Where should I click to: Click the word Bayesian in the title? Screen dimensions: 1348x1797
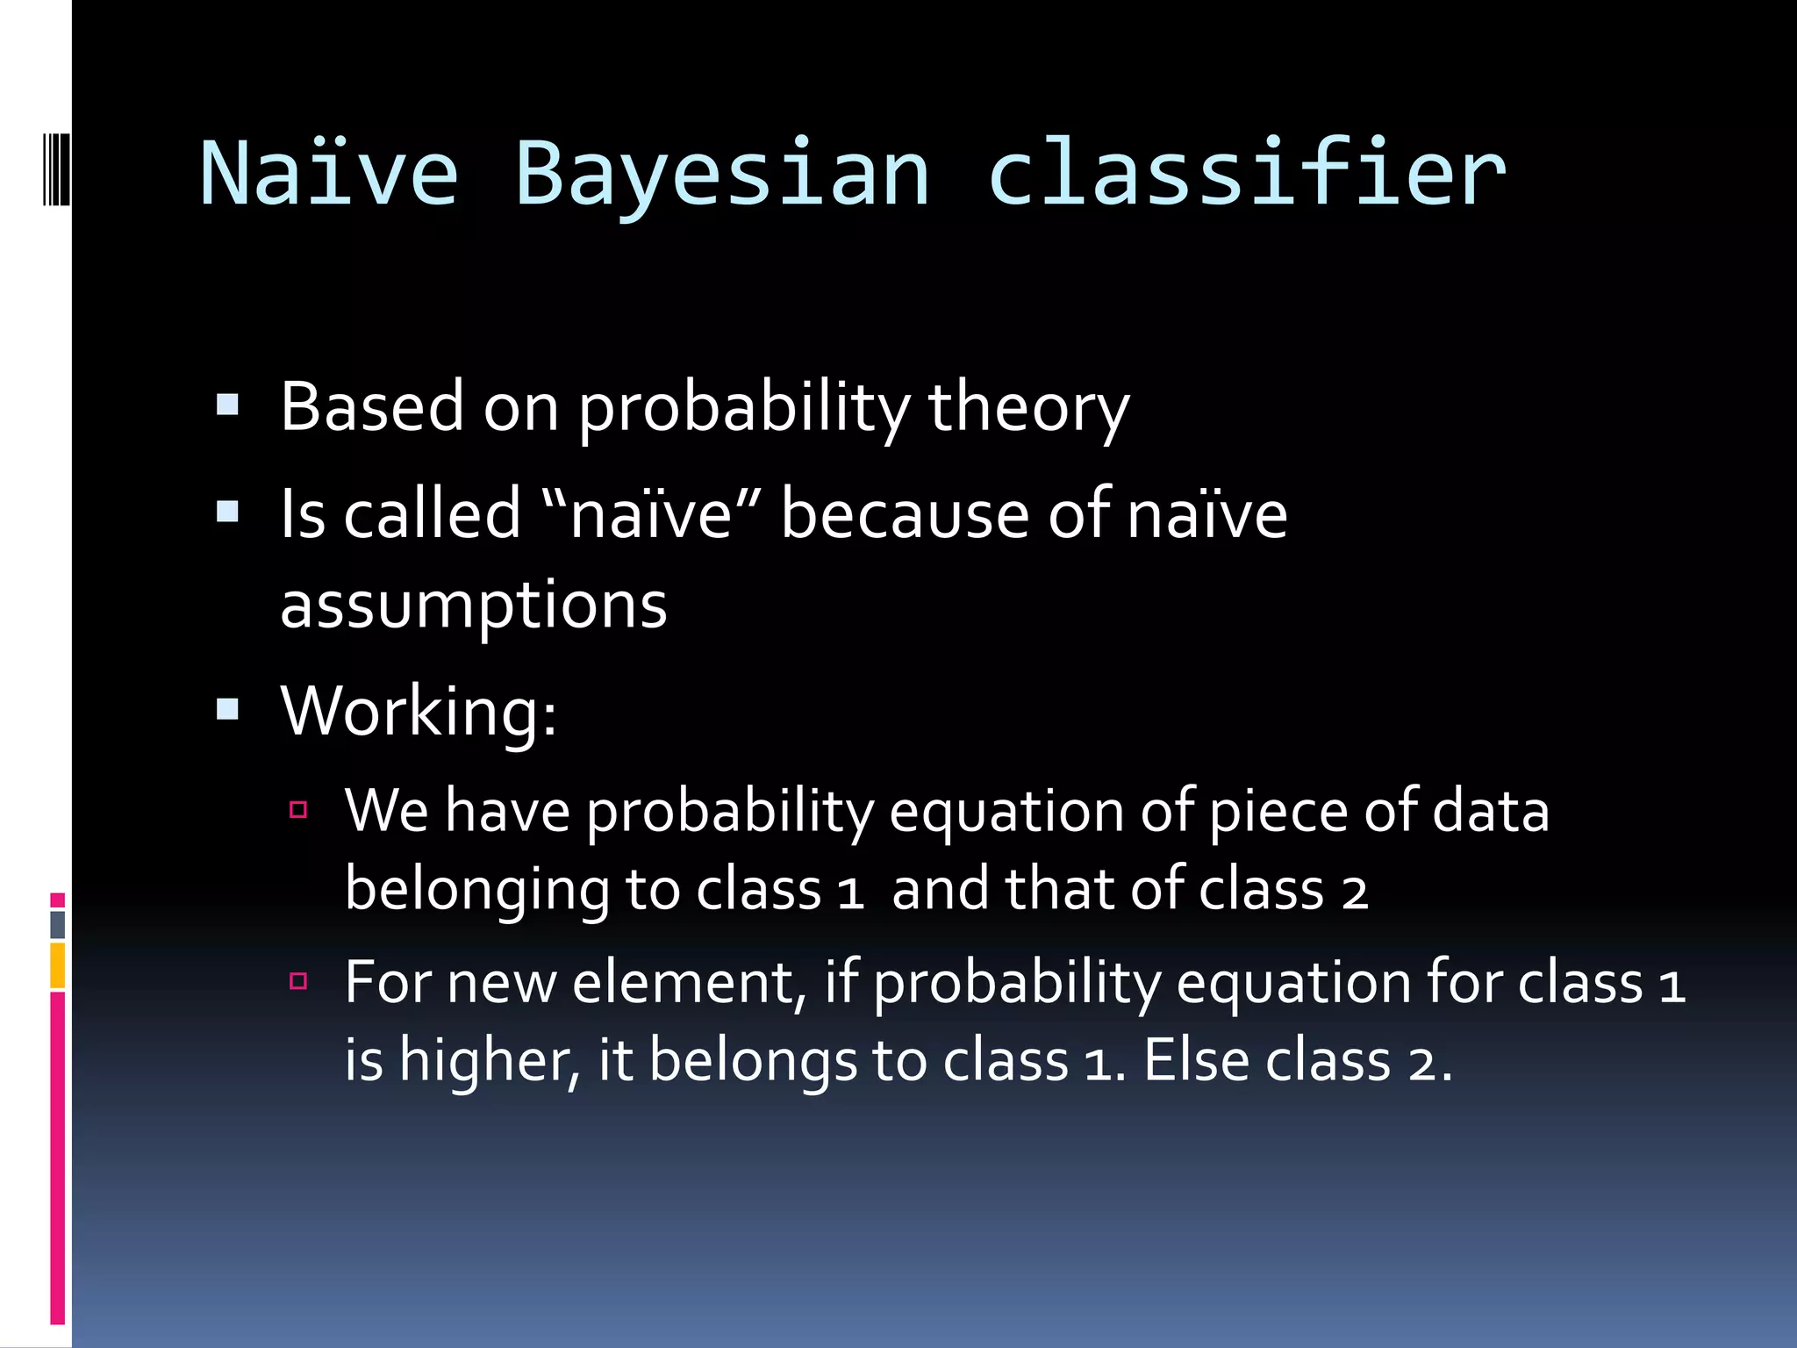pos(721,176)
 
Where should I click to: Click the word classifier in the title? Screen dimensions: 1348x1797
pos(1246,176)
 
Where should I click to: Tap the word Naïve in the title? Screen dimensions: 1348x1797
pos(329,176)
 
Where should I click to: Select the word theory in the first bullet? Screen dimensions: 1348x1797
pos(1027,408)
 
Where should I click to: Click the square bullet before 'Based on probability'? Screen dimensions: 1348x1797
pos(227,405)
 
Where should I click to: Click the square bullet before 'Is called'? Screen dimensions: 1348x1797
pos(227,512)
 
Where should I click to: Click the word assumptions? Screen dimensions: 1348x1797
pos(474,606)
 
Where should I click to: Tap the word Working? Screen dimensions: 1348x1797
pos(419,711)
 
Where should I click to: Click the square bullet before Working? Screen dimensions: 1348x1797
pos(227,708)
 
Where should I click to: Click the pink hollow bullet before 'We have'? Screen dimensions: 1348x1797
pos(298,809)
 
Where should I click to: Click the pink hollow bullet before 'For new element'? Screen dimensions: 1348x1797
pos(298,980)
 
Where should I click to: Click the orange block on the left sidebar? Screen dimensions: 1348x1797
pos(58,965)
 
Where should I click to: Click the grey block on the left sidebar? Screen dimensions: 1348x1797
pos(58,924)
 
